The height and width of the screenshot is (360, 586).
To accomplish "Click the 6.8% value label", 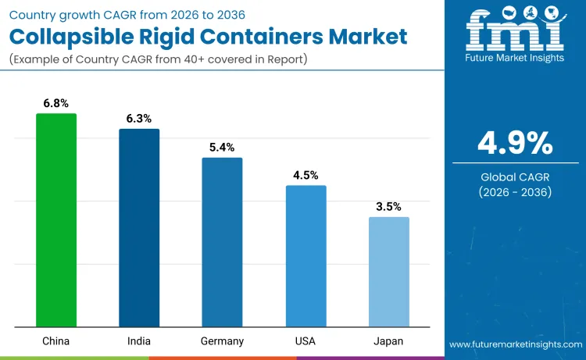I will (56, 103).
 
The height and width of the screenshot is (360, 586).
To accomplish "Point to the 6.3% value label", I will (139, 119).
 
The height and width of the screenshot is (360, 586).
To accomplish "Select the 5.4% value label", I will (222, 147).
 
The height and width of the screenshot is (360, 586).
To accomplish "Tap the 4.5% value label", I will (306, 175).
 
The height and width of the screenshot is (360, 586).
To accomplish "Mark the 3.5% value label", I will (388, 207).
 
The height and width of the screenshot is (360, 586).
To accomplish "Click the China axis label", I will (56, 341).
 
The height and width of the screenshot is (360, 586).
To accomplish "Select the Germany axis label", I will (222, 341).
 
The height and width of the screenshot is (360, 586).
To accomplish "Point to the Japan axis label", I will (388, 341).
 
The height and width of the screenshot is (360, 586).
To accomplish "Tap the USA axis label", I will (306, 341).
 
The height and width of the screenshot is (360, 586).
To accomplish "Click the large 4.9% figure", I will (515, 143).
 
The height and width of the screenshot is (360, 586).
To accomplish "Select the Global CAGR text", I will (515, 177).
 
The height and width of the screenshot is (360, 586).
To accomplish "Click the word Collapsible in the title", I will (70, 37).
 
